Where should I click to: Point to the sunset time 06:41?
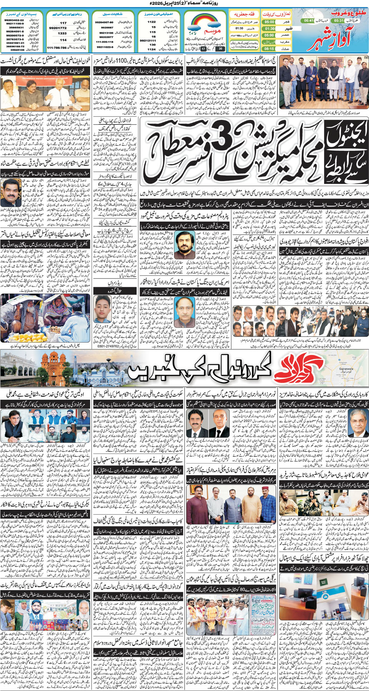(309, 20)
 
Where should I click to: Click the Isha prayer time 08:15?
(269, 49)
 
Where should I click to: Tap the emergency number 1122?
(151, 22)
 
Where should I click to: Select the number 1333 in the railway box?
(62, 33)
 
